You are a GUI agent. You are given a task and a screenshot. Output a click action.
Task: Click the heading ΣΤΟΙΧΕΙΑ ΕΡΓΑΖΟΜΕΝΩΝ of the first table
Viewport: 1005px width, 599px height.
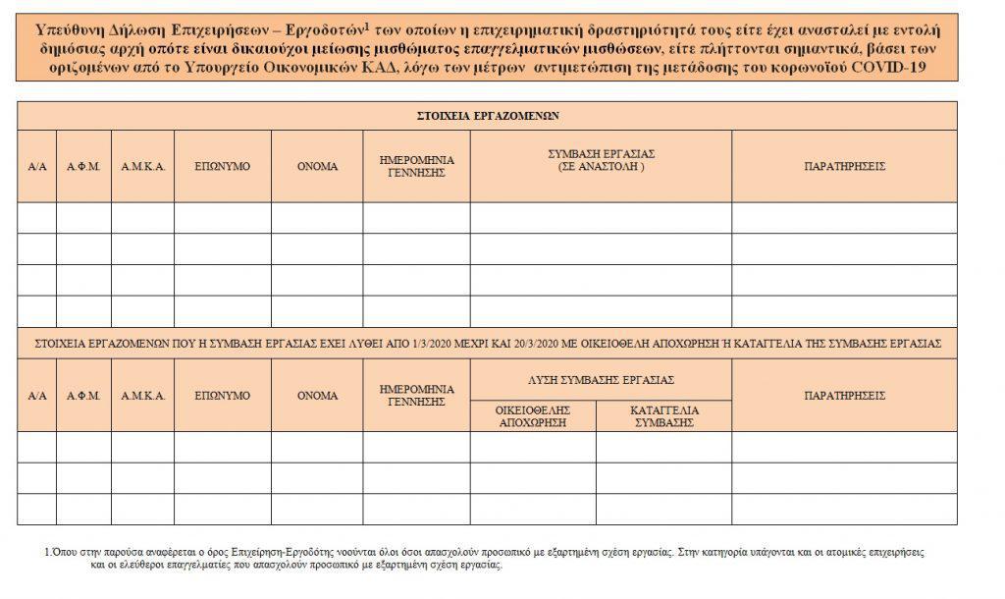click(x=487, y=116)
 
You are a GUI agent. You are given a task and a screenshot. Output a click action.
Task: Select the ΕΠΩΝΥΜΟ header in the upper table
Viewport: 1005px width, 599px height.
click(x=223, y=167)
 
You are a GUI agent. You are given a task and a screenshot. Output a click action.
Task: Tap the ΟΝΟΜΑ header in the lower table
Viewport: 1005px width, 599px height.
click(x=317, y=396)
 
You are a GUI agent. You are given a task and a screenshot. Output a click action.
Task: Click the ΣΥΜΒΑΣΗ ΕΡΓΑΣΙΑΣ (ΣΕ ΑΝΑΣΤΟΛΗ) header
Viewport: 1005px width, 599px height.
click(x=601, y=161)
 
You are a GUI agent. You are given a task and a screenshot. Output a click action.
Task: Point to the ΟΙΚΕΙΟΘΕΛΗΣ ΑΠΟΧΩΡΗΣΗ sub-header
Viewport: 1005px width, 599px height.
click(x=532, y=416)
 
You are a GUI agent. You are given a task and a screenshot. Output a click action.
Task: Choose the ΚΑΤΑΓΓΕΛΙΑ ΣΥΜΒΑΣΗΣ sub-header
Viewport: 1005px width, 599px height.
click(x=663, y=416)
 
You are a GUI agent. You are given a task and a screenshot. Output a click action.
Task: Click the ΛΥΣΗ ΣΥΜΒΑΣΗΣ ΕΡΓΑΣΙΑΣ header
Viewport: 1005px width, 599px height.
click(x=601, y=380)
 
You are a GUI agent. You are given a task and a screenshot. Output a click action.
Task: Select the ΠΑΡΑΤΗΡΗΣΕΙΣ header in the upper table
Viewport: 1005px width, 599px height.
click(x=844, y=167)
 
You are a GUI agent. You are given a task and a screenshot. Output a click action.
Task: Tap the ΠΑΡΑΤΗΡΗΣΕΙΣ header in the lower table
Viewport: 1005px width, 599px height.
click(x=844, y=396)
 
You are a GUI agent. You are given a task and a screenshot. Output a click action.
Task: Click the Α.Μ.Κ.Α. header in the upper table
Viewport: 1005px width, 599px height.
click(x=142, y=167)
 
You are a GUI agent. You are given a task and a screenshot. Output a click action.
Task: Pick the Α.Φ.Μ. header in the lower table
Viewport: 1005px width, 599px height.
click(x=83, y=396)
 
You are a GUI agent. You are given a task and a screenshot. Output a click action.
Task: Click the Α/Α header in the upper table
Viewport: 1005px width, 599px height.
click(x=37, y=167)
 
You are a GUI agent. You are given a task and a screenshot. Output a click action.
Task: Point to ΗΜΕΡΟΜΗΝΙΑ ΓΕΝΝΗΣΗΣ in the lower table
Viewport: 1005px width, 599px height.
click(x=416, y=396)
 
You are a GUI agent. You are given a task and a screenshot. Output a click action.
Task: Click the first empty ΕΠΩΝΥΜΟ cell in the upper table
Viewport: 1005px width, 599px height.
click(x=223, y=218)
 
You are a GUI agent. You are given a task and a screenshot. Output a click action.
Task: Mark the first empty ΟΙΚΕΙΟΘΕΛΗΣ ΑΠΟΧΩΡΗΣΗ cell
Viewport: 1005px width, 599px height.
click(x=532, y=447)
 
